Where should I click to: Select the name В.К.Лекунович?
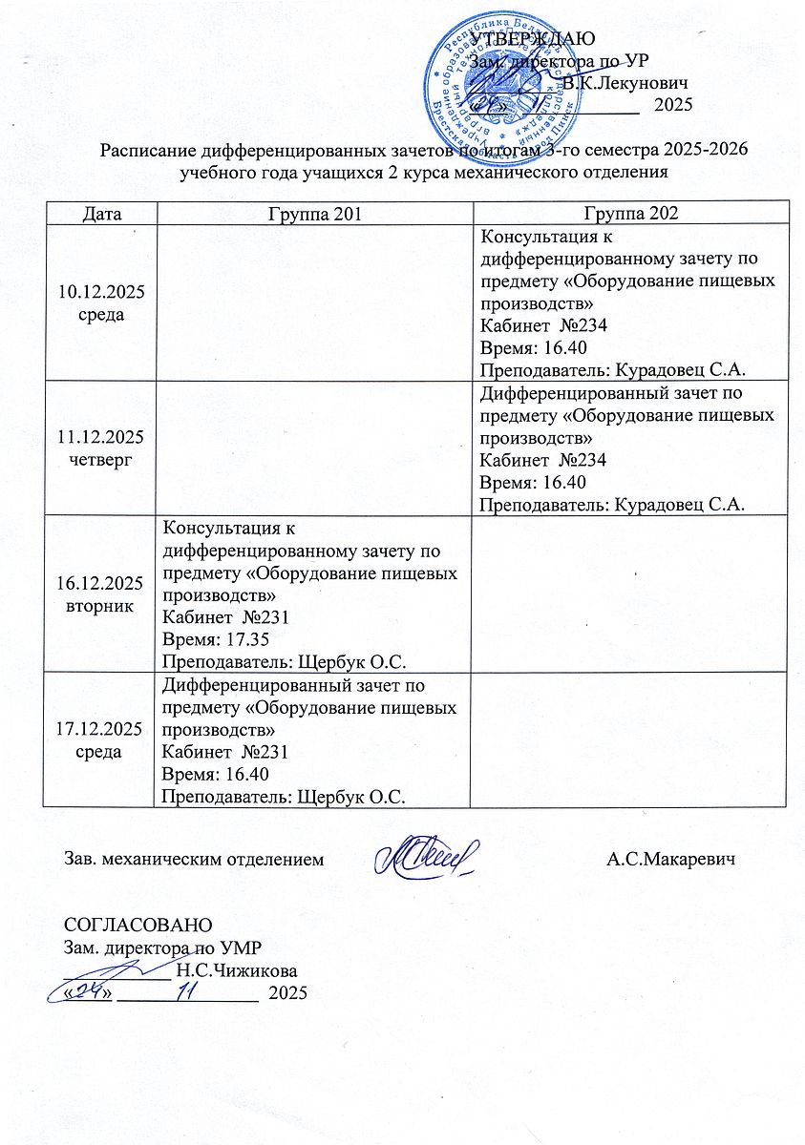click(626, 83)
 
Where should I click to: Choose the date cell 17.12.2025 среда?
click(100, 739)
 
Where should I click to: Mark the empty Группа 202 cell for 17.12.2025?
click(631, 739)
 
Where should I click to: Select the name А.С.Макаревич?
click(673, 860)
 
